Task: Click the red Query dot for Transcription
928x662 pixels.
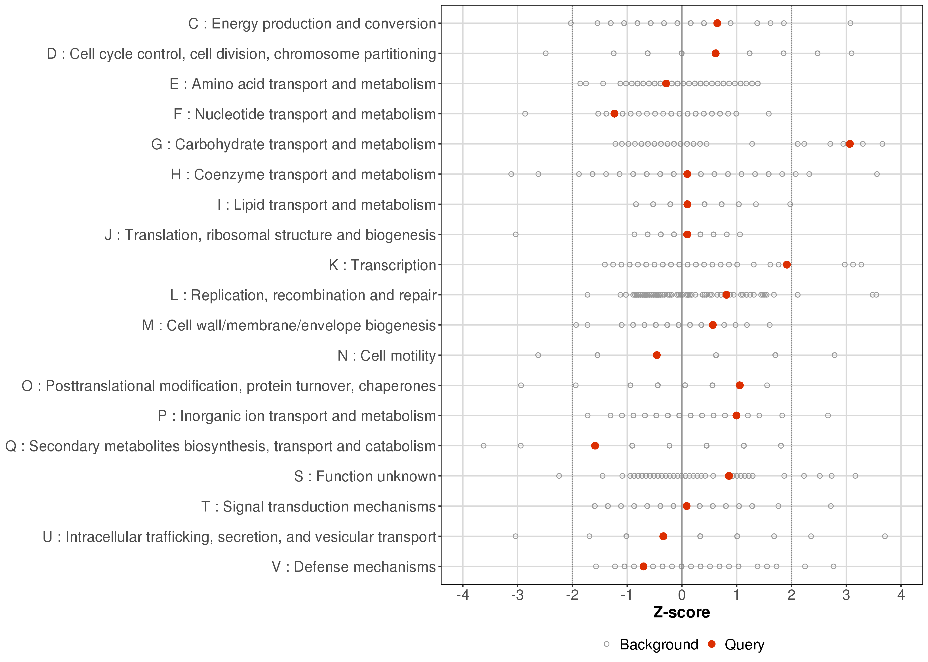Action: tap(787, 265)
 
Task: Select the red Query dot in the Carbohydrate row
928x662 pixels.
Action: tap(850, 144)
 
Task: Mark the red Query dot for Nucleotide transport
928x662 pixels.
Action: tap(614, 114)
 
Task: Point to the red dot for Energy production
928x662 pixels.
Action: tap(717, 23)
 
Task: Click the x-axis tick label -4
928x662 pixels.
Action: tap(462, 596)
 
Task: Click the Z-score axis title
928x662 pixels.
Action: tap(681, 613)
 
